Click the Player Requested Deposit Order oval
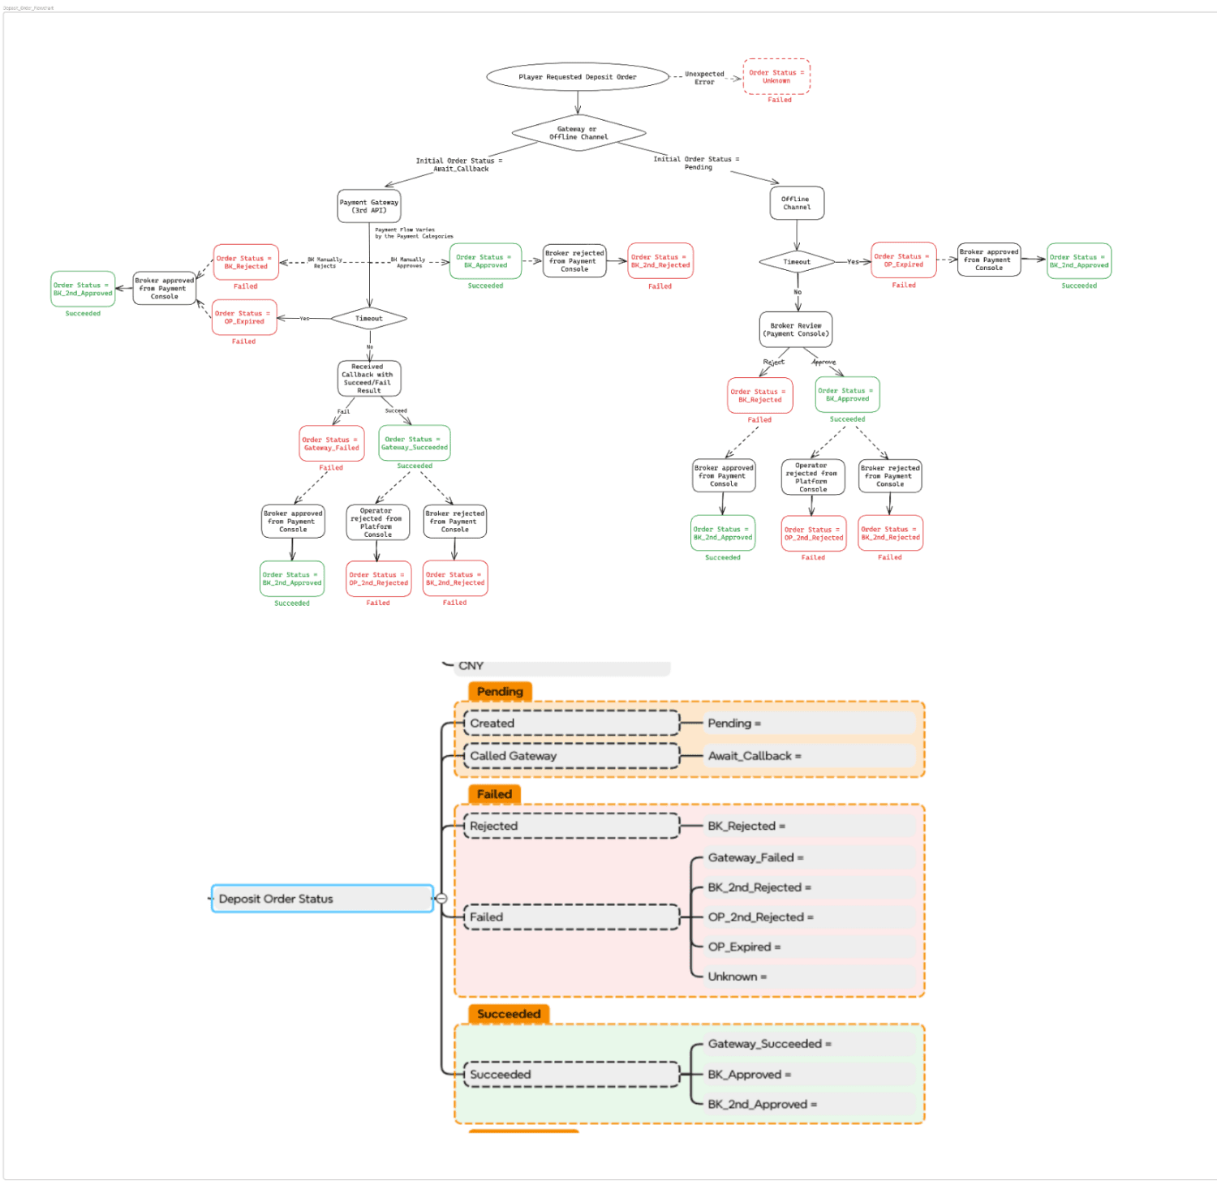click(x=578, y=77)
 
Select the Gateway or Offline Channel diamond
click(x=578, y=133)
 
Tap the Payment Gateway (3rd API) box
click(x=369, y=206)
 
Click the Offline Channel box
click(x=797, y=203)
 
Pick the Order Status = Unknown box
click(x=776, y=77)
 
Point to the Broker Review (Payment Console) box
click(x=796, y=329)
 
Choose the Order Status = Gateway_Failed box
click(x=331, y=444)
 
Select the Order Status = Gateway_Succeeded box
click(x=415, y=444)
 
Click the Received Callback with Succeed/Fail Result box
click(x=369, y=379)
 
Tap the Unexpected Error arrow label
click(x=704, y=78)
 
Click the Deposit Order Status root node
click(x=322, y=899)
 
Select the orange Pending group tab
click(x=500, y=692)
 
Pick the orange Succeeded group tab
click(x=509, y=1014)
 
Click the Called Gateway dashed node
click(x=571, y=756)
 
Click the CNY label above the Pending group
click(x=471, y=666)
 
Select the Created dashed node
click(x=571, y=724)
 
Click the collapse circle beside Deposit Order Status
click(x=441, y=899)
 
